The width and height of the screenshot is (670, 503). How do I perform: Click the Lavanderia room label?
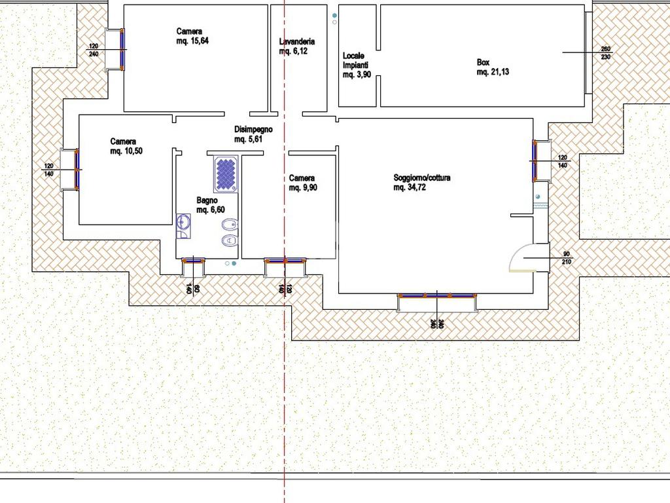pyautogui.click(x=297, y=41)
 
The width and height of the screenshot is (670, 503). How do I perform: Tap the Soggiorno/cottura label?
pyautogui.click(x=422, y=177)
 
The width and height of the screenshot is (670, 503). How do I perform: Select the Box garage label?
pyautogui.click(x=483, y=62)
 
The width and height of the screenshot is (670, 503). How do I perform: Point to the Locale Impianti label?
pyautogui.click(x=355, y=60)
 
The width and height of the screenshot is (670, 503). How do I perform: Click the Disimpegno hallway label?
pyautogui.click(x=253, y=129)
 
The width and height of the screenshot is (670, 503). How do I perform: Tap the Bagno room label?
pyautogui.click(x=207, y=200)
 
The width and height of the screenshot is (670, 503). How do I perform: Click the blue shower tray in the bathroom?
pyautogui.click(x=226, y=174)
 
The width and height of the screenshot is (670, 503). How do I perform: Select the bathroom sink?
pyautogui.click(x=183, y=223)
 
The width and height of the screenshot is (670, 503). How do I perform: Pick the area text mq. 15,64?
pyautogui.click(x=193, y=41)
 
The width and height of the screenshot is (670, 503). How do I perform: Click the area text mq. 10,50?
pyautogui.click(x=126, y=151)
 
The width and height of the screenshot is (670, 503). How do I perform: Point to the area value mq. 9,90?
pyautogui.click(x=303, y=187)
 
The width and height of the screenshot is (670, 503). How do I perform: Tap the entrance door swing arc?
pyautogui.click(x=519, y=257)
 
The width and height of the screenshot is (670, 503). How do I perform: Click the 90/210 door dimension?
pyautogui.click(x=566, y=258)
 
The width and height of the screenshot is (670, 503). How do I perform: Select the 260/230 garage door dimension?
pyautogui.click(x=605, y=52)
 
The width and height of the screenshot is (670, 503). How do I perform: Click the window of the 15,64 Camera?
pyautogui.click(x=122, y=49)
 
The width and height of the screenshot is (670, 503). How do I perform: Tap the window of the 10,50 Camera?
pyautogui.click(x=77, y=170)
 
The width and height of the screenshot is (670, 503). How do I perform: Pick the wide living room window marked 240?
pyautogui.click(x=436, y=295)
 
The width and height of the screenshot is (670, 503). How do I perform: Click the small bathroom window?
pyautogui.click(x=193, y=259)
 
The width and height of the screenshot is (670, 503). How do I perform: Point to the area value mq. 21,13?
pyautogui.click(x=493, y=72)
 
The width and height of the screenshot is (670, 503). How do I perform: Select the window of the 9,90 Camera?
pyautogui.click(x=285, y=259)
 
